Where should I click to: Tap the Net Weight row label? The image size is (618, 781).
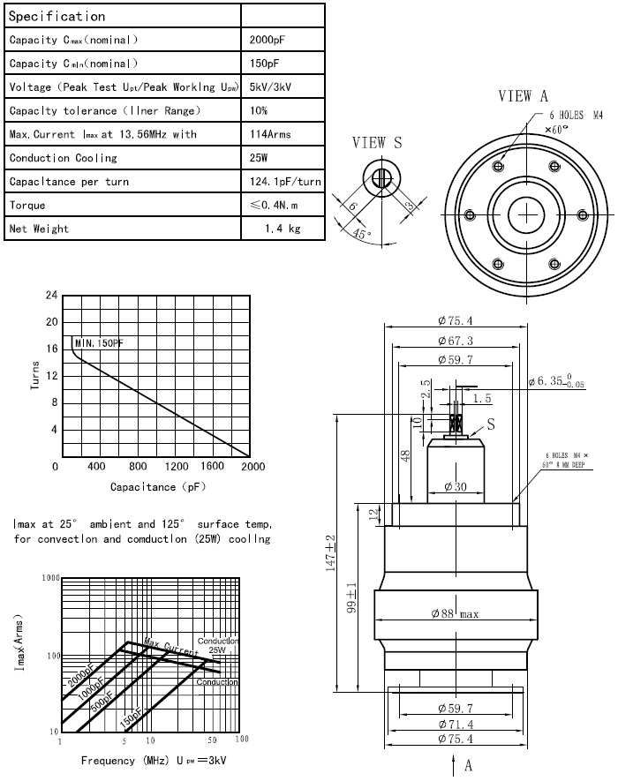[39, 229]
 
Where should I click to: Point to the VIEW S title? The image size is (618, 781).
[377, 143]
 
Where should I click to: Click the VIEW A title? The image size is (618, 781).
[524, 96]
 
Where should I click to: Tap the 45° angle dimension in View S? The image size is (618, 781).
[362, 235]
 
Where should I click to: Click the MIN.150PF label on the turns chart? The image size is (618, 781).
[99, 342]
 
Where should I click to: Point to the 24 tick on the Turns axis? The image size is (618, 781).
[51, 295]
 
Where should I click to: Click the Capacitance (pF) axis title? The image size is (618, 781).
[158, 487]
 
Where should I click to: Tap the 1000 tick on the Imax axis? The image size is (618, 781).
[49, 577]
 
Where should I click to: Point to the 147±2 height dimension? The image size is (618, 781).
[330, 552]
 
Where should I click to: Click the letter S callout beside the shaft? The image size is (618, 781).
[492, 424]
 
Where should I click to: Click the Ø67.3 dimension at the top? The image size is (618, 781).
[455, 341]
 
